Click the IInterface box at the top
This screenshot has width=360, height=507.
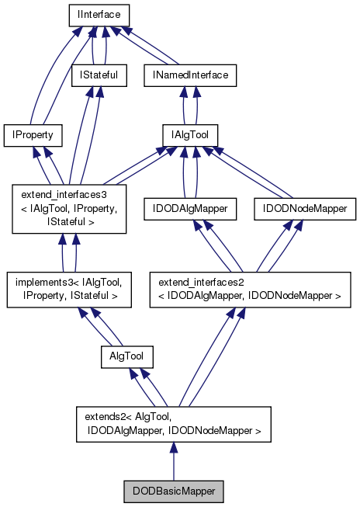click(x=97, y=16)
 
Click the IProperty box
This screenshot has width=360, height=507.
click(x=33, y=135)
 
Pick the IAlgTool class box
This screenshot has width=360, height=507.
click(x=190, y=135)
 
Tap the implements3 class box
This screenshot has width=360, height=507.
click(x=68, y=290)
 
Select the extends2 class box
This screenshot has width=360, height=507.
click(x=174, y=423)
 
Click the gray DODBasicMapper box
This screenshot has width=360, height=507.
click(x=174, y=491)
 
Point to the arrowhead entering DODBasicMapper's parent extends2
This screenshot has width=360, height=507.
click(x=174, y=448)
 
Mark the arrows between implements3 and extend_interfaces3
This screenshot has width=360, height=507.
click(x=68, y=252)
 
